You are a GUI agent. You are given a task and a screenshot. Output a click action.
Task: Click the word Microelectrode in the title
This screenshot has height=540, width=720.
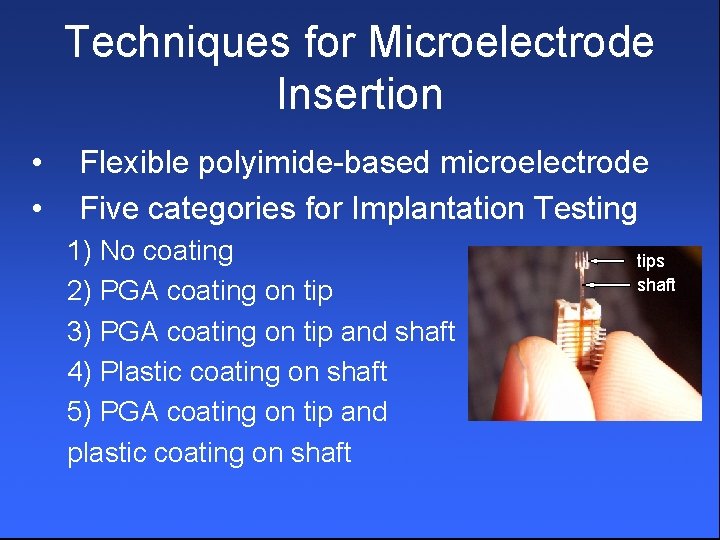[x=511, y=43]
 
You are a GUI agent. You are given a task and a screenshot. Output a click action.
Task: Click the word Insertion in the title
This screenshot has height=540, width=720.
[x=360, y=94]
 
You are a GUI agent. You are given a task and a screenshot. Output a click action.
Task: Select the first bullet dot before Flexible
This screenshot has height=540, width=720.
[x=36, y=162]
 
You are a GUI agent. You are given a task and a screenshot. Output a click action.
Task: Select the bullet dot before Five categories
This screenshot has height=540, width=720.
[x=36, y=209]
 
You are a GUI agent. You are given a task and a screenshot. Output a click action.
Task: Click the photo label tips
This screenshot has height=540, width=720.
[x=650, y=261]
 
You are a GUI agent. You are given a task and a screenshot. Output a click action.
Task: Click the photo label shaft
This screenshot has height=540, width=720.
[x=656, y=285]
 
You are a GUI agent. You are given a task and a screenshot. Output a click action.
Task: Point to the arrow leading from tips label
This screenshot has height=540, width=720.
[x=610, y=261]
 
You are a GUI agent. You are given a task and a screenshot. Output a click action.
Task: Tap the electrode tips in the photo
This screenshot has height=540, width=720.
[x=580, y=262]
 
